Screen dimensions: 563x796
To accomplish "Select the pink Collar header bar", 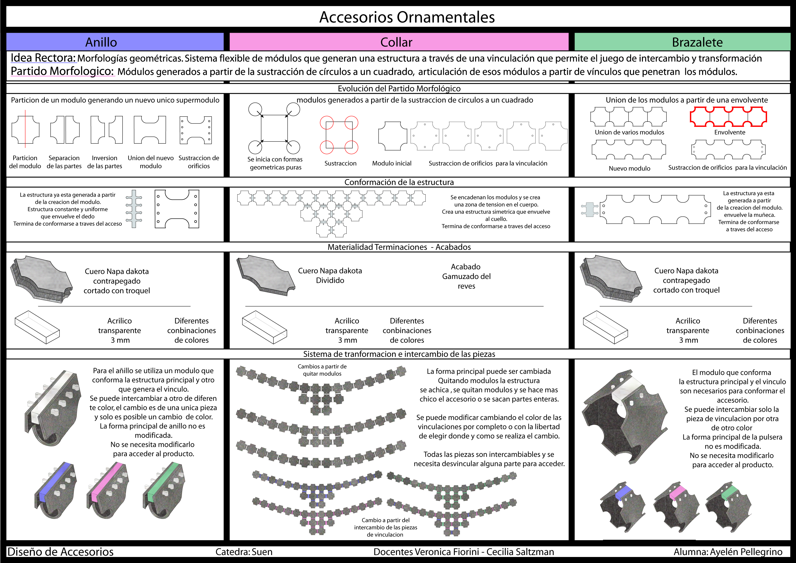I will tap(398, 42).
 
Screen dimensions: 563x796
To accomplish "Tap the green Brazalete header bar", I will tap(682, 42).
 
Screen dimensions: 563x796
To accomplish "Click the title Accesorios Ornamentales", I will tap(407, 17).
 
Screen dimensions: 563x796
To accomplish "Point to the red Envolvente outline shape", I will tap(728, 116).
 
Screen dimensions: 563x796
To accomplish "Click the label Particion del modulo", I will tap(25, 162).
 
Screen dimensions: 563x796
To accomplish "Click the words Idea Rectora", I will tap(43, 58).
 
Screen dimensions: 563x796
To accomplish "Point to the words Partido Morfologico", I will tap(62, 71).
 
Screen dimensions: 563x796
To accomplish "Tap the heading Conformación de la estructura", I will tap(399, 182).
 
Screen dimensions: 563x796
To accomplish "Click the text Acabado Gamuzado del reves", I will tap(466, 276).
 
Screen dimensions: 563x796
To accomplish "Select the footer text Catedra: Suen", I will tap(244, 551).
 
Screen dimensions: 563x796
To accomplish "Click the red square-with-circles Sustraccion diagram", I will tap(339, 135).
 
